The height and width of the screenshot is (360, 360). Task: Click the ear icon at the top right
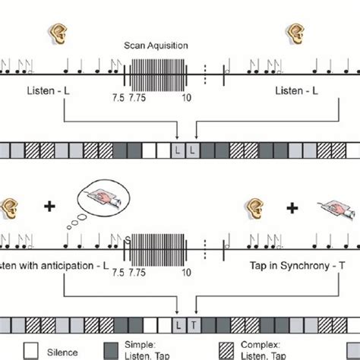(293, 32)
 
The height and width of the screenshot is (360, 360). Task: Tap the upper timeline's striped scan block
(156, 73)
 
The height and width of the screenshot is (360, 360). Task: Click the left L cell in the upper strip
(177, 150)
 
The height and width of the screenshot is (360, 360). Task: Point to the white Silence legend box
(31, 351)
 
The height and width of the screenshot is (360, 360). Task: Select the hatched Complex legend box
(227, 351)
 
